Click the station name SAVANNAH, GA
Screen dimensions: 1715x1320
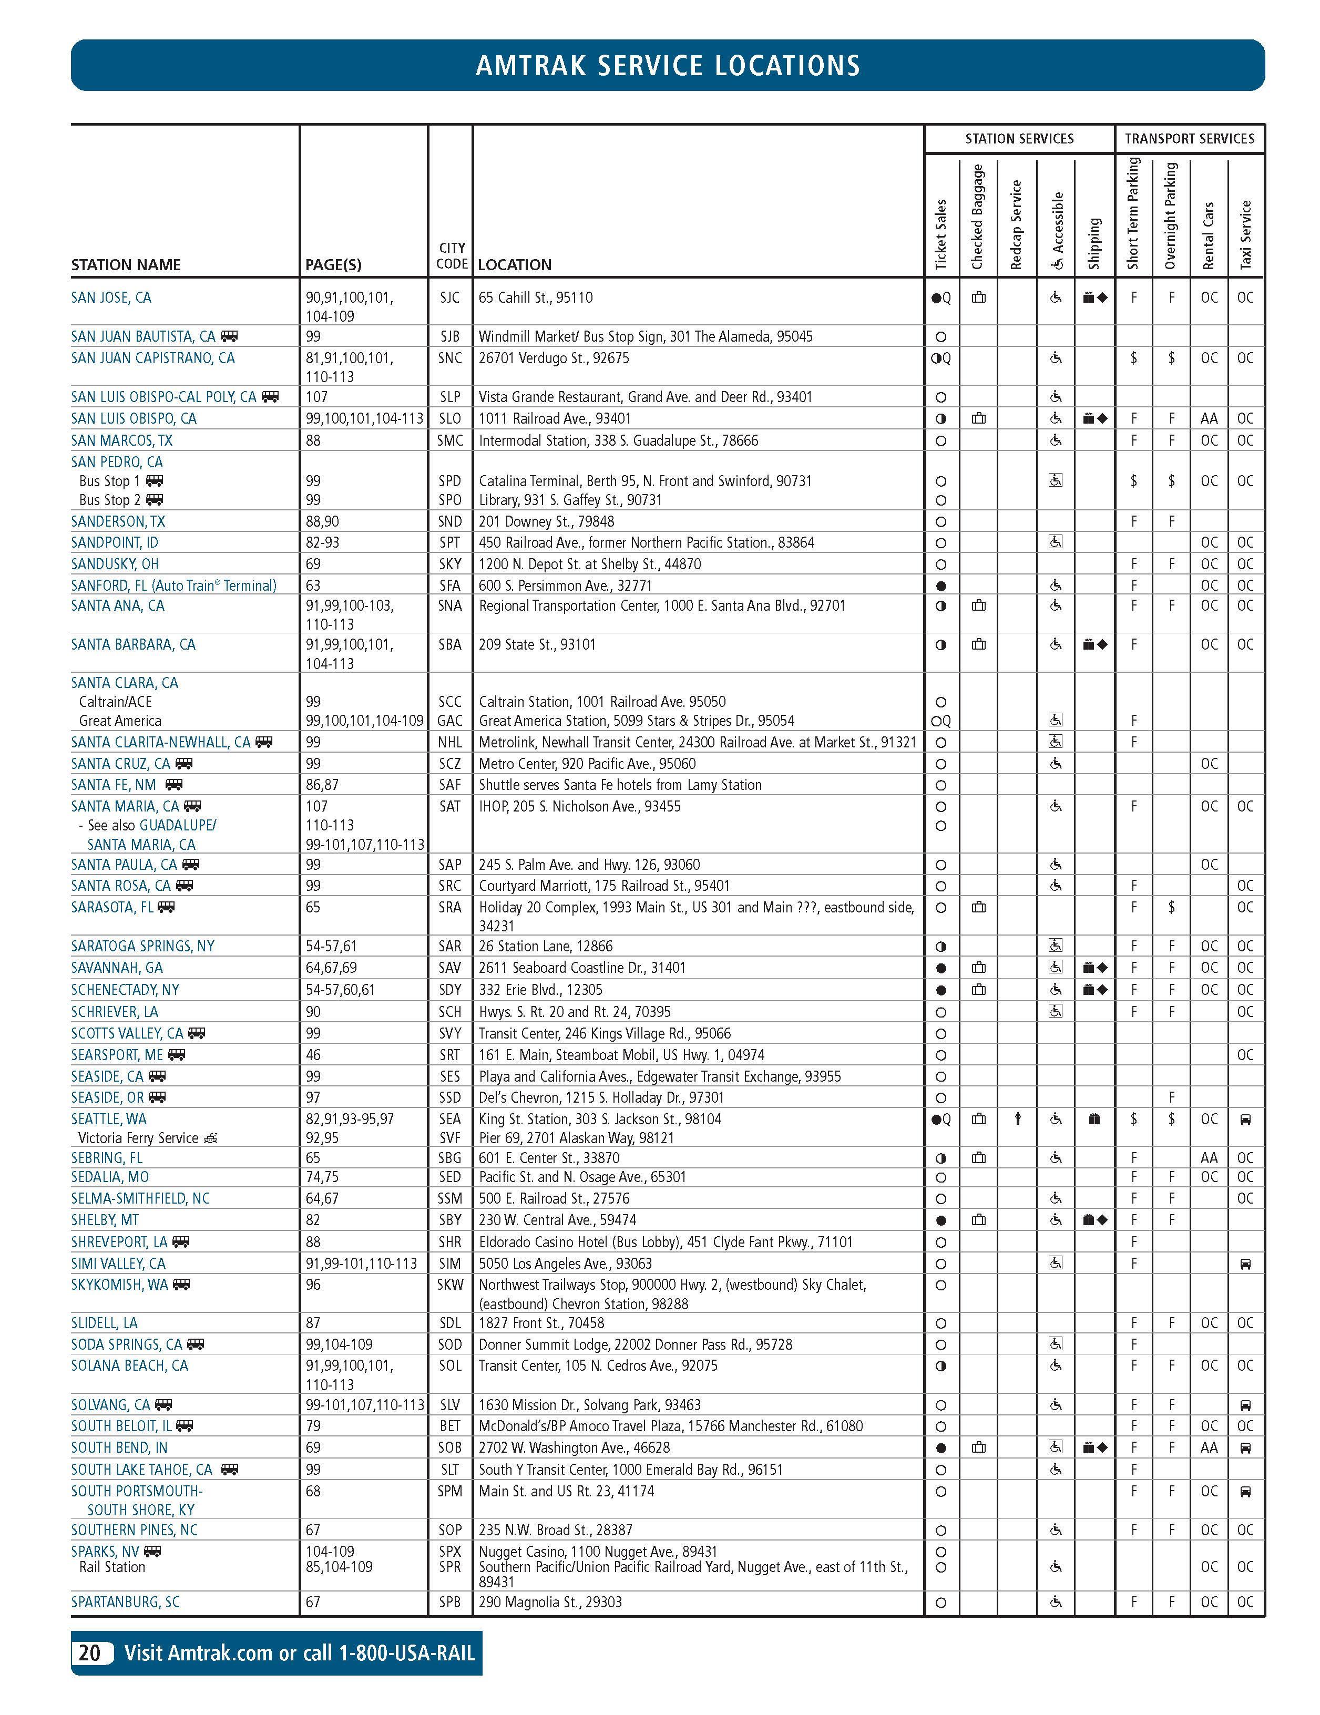coord(117,968)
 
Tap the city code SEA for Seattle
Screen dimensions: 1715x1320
coord(450,1119)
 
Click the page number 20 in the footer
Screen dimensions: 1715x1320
coord(89,1653)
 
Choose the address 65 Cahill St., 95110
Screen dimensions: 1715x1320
coord(536,297)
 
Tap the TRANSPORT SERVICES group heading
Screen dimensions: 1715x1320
coord(1190,139)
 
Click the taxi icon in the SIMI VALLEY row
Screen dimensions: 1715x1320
coord(1245,1264)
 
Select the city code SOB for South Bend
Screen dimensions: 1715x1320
coord(450,1447)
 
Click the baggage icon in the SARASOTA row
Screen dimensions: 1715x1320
coord(978,907)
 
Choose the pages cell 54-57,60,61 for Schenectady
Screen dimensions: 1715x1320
coord(340,989)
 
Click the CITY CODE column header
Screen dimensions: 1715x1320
coord(452,256)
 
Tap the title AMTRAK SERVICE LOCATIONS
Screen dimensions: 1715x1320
coord(668,65)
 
